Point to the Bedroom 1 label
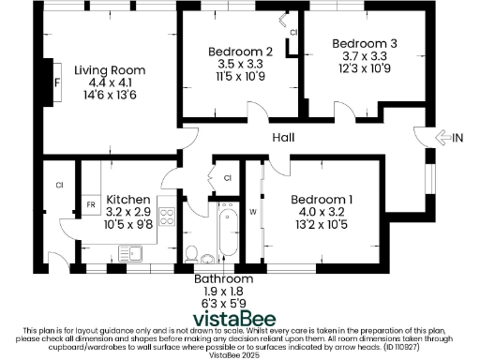[322, 200]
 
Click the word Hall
[284, 138]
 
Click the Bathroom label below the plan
[223, 279]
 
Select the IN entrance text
[457, 138]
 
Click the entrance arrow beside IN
[442, 138]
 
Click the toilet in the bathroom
[193, 253]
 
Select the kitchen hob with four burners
[168, 217]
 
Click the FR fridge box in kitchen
[91, 203]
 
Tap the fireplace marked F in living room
[57, 82]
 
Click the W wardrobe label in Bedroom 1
[252, 211]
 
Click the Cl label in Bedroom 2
[292, 33]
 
